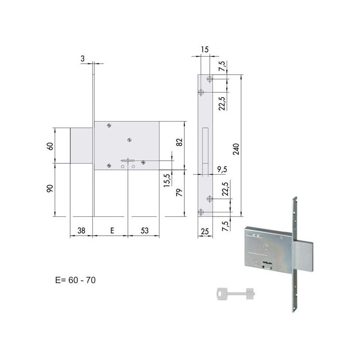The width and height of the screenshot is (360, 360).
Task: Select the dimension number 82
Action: [179, 142]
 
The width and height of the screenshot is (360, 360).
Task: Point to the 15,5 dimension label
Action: [166, 180]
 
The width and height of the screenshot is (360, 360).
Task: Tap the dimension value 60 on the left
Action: [50, 146]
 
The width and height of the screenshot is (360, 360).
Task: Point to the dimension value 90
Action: [50, 189]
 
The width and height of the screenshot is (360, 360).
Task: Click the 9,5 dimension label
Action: [221, 170]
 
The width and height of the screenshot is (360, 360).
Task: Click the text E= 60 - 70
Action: [75, 279]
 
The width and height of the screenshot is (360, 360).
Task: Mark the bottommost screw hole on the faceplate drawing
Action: [201, 211]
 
